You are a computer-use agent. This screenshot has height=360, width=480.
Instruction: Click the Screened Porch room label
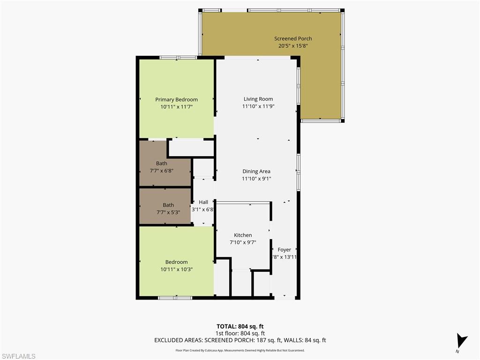293,38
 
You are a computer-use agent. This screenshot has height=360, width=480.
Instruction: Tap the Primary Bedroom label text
176,99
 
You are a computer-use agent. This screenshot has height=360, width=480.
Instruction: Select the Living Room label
258,99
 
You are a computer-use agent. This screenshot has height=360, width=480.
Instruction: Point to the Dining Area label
256,172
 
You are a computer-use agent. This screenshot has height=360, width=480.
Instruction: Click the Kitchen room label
243,235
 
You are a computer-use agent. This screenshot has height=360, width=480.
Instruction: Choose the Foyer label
284,250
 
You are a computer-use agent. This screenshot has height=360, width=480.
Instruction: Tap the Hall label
203,202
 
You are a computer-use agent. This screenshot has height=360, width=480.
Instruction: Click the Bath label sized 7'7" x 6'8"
161,164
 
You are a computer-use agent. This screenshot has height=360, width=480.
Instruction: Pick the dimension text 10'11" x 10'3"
176,269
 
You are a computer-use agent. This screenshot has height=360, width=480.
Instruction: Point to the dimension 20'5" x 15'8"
293,46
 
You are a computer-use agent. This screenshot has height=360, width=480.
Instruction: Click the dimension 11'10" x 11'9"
258,106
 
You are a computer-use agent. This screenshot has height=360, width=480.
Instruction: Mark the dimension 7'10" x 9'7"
243,242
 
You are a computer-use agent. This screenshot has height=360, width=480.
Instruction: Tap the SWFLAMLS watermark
18,356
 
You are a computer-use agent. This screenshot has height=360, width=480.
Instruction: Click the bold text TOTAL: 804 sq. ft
240,326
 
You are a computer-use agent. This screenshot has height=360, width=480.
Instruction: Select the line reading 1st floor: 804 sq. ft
240,333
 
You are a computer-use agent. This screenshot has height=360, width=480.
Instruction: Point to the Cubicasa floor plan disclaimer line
240,350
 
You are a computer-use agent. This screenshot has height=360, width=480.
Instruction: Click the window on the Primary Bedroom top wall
178,58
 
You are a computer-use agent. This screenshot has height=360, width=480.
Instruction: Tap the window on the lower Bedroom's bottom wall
175,298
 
